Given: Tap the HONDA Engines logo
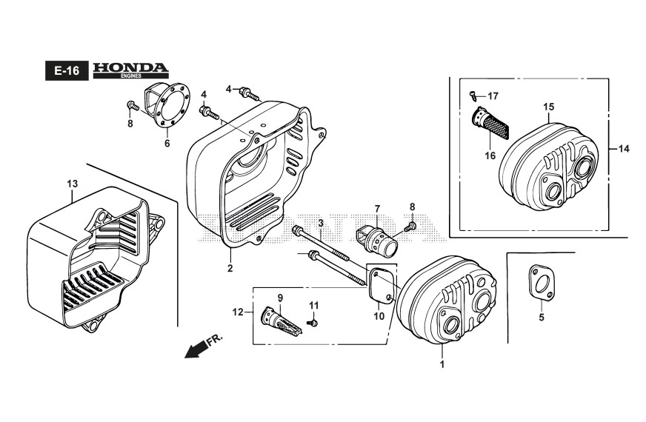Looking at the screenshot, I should point(130,70).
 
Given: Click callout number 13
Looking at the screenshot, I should point(72,183).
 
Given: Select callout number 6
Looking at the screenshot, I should point(167,143).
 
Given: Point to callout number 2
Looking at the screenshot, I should point(230,268).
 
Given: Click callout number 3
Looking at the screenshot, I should point(321,223).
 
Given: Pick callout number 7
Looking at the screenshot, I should point(376,209).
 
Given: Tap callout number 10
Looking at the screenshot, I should point(378,316).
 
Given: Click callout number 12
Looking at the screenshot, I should point(239,312).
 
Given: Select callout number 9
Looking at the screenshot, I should point(281,298).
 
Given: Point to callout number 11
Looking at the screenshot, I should point(313,305).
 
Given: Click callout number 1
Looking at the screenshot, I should point(442,364).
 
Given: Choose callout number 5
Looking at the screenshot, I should point(541,317).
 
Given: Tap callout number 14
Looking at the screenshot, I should point(624,149).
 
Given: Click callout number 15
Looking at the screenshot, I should point(548,107).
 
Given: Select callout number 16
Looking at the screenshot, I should point(490,155).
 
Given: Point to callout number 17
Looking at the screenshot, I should point(493,96).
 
